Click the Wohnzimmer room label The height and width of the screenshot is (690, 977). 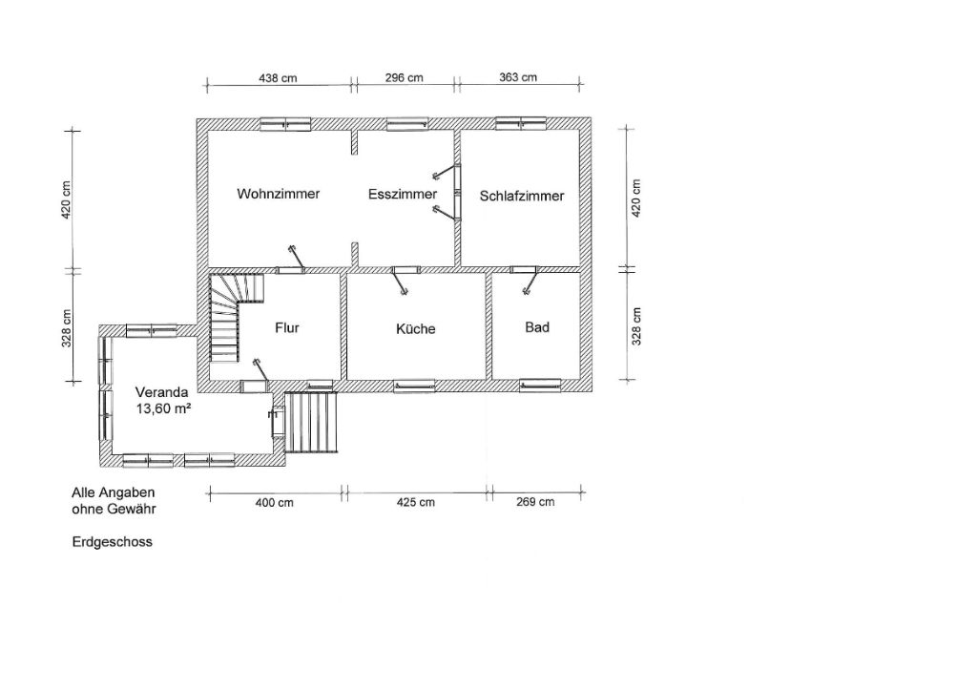pos(279,194)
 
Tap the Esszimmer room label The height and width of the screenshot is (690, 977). pos(403,195)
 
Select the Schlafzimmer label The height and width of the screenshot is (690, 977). pos(522,197)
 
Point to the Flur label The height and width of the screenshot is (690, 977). pos(287,328)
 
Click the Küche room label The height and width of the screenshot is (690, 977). pos(416,328)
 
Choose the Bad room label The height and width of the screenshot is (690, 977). pos(537,327)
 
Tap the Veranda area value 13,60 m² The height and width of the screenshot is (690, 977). pos(163,409)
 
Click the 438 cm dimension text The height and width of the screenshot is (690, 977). pos(278,78)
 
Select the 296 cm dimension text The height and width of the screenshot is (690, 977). pos(404,78)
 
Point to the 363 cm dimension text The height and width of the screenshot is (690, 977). pos(518,77)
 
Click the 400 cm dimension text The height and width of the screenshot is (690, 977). pos(274,502)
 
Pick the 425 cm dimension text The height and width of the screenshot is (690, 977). pos(416,502)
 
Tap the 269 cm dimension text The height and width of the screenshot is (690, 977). pos(535,502)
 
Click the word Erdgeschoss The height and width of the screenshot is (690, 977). pos(113,542)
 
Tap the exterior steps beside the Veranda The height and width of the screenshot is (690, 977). pos(312,422)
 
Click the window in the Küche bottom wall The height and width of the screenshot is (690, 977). pos(414,386)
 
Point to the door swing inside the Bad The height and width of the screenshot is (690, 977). pos(530,282)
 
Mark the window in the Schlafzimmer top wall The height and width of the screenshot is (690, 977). pos(521,123)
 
